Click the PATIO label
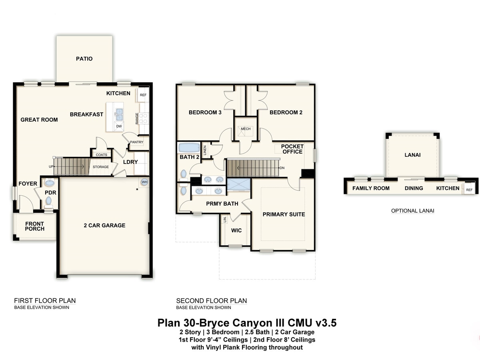tap(84, 59)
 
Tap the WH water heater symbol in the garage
tap(144, 182)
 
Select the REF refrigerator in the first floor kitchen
tap(143, 95)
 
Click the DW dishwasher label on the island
tap(119, 126)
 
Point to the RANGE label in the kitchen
tap(137, 118)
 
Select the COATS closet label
tap(101, 155)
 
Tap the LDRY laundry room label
tap(130, 162)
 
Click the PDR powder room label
tap(50, 192)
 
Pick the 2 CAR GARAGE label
tap(104, 225)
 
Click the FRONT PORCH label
tap(35, 226)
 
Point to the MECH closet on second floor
tap(245, 129)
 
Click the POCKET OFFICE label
tap(292, 149)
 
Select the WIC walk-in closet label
tap(236, 230)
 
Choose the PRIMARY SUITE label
tap(284, 214)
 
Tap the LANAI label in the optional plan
tap(412, 155)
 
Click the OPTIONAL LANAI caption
tap(412, 211)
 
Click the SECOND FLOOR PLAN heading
tap(212, 301)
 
